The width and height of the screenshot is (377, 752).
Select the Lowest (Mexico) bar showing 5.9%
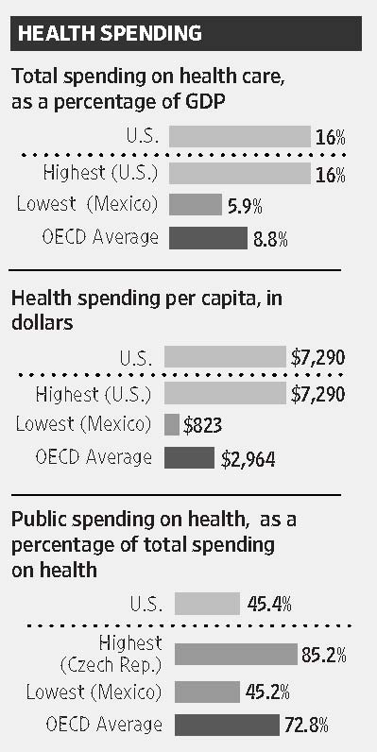pyautogui.click(x=194, y=204)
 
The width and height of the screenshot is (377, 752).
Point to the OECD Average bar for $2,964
pyautogui.click(x=189, y=458)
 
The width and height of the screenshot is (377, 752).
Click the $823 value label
pyautogui.click(x=204, y=425)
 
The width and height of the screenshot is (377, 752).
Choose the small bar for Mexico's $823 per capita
pyautogui.click(x=172, y=424)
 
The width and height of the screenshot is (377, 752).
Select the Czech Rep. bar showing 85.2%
pyautogui.click(x=236, y=654)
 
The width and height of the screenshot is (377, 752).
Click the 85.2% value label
pyautogui.click(x=324, y=654)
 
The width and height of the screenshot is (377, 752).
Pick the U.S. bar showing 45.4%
pyautogui.click(x=207, y=604)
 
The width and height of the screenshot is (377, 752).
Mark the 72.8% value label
pyautogui.click(x=306, y=726)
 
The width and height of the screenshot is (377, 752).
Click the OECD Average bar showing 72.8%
pyautogui.click(x=227, y=726)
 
